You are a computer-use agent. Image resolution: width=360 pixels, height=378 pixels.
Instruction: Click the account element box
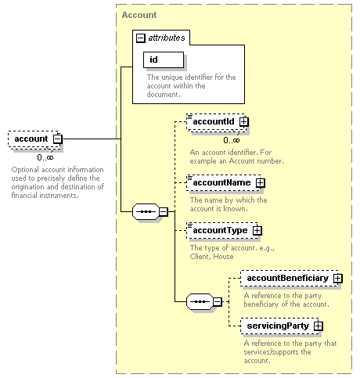pos(34,139)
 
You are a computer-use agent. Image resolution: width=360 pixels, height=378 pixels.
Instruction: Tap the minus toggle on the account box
pos(58,139)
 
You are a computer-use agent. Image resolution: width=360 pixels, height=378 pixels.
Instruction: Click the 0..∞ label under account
pos(45,157)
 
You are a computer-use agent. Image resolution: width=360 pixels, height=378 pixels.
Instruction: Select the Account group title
pos(139,15)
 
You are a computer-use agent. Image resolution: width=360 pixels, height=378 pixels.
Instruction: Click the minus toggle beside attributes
pos(140,38)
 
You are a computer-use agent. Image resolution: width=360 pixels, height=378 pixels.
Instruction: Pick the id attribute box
pos(164,59)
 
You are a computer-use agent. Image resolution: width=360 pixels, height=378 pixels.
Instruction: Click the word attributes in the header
pos(167,38)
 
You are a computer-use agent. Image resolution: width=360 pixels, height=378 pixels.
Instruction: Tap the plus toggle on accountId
pos(244,121)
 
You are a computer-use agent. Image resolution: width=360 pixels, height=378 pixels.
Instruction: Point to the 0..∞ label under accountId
pos(232,140)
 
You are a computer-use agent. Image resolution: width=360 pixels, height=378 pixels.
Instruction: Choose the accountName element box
pos(225,182)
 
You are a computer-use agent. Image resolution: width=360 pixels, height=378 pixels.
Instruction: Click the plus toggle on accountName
pos(261,182)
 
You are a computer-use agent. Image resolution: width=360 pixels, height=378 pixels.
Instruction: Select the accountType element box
pos(223,230)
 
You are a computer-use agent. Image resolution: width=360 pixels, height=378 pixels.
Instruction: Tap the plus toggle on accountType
pos(257,230)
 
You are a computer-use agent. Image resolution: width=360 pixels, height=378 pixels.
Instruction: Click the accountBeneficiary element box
pos(290,278)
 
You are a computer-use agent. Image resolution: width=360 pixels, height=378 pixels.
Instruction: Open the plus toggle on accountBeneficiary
pos(338,278)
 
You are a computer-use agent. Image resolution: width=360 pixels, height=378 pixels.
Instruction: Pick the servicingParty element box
pos(280,326)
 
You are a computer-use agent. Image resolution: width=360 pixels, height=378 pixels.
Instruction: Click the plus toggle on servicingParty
pos(319,326)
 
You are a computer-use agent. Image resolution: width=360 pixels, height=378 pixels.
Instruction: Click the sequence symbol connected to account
pos(146,211)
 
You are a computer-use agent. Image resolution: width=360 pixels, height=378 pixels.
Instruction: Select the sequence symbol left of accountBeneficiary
pos(200,302)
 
